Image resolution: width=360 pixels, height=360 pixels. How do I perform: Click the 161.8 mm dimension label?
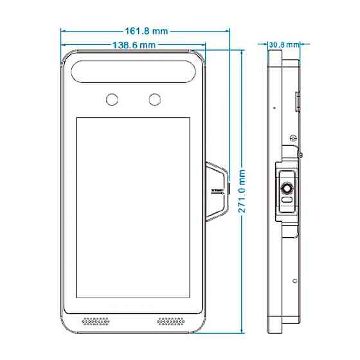147,32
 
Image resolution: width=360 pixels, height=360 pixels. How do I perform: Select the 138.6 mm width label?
134,45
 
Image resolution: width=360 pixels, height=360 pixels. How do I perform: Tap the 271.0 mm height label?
242,192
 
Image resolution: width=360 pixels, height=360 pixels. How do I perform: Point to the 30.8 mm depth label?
284,44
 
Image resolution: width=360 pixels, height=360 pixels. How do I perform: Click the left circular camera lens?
112,100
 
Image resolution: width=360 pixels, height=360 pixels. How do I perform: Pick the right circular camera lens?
155,100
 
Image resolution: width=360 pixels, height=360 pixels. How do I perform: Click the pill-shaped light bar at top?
133,71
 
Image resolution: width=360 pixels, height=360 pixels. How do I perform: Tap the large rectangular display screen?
133,208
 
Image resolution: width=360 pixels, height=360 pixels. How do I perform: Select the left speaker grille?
96,321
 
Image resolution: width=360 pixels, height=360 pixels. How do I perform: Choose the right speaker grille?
171,321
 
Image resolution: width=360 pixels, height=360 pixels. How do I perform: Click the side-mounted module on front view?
217,192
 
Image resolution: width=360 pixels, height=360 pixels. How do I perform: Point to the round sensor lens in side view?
287,189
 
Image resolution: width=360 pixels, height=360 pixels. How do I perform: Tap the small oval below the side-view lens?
287,199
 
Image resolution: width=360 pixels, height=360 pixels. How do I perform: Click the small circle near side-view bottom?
295,281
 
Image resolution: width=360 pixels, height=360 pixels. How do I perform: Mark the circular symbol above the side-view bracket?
293,138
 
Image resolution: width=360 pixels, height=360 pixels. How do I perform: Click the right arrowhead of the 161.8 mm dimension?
228,31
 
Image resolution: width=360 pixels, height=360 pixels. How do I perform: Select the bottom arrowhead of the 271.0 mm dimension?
242,330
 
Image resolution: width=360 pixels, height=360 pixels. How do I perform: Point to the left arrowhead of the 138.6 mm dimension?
64,45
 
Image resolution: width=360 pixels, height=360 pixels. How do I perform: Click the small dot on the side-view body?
274,107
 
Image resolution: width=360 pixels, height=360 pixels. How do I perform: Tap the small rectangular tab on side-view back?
297,102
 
